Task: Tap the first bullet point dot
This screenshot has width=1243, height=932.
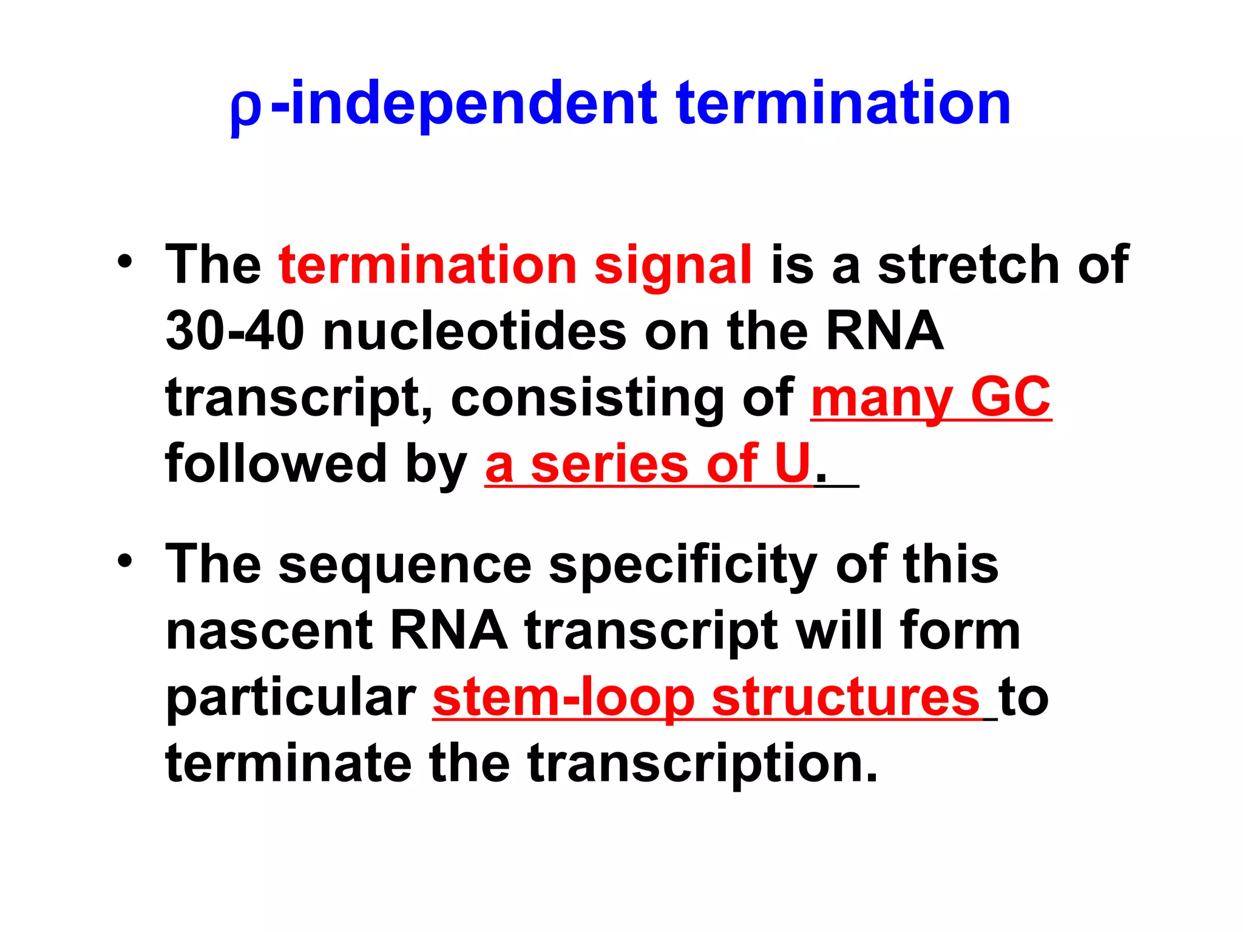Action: coord(125,262)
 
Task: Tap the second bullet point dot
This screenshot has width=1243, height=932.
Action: coord(125,561)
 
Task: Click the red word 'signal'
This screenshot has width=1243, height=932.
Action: coord(673,266)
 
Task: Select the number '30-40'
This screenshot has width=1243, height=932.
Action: coord(235,331)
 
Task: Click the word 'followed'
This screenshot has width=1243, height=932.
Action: coord(276,464)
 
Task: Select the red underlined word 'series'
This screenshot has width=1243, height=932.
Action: coord(609,465)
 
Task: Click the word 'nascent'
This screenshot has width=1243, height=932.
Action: coord(269,631)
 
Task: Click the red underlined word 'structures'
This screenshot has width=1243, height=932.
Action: coord(845,698)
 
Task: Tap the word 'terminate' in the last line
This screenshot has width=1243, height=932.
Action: coord(288,763)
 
